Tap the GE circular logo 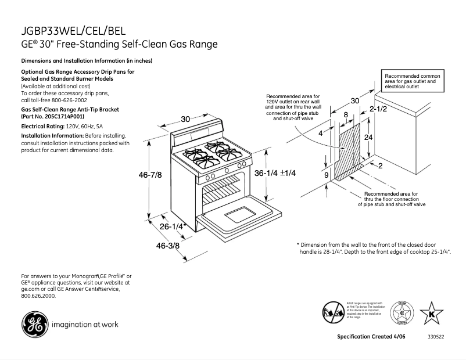coord(34,323)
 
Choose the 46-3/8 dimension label coord(168,246)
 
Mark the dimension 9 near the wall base coord(326,174)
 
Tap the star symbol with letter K coord(431,313)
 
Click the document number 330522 coord(436,337)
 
